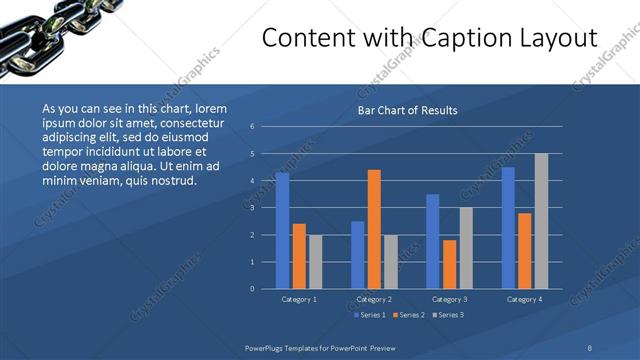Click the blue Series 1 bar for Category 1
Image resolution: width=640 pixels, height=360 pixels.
click(282, 231)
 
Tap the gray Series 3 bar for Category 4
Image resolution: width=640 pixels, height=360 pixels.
click(541, 221)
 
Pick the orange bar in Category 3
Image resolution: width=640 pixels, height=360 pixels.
click(449, 264)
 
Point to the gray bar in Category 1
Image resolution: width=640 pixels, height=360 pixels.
click(316, 262)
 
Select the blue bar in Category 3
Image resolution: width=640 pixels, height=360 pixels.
click(432, 241)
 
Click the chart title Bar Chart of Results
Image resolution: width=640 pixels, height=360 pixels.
click(407, 110)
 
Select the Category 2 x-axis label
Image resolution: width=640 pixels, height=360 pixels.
click(374, 299)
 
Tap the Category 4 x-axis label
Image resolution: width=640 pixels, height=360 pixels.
click(524, 299)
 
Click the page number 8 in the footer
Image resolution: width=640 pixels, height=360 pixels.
click(590, 347)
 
